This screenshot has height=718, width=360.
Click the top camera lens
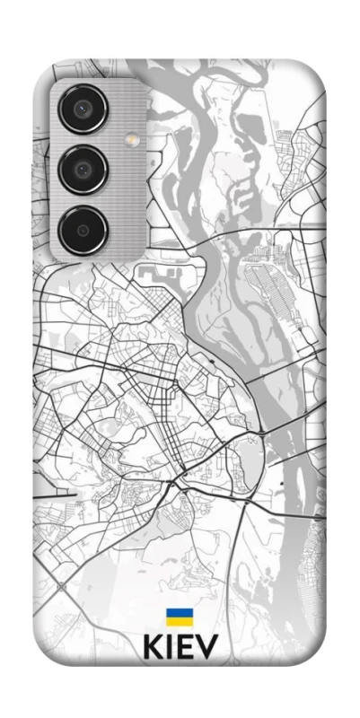83,110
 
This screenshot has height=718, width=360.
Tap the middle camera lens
83,169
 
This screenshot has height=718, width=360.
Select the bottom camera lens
83,229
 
